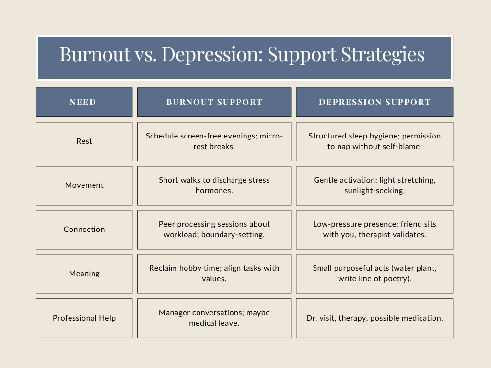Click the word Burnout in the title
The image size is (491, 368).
[x=95, y=54]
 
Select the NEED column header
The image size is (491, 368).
[x=84, y=102]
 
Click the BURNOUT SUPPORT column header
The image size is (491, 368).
[x=214, y=102]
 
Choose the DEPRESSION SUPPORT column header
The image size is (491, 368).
[x=374, y=102]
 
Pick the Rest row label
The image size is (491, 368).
[x=84, y=141]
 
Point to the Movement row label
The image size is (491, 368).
[x=84, y=185]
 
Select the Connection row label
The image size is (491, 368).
[x=84, y=230]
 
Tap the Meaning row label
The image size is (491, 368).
[x=84, y=274]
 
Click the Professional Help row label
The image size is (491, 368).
[x=84, y=318]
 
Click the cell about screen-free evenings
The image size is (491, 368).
[x=214, y=141]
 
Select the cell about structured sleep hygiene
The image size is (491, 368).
[x=374, y=141]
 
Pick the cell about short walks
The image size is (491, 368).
[x=214, y=185]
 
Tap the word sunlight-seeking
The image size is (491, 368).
[x=374, y=191]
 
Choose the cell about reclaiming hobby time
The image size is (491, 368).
[x=214, y=274]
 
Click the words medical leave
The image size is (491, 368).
[x=214, y=323]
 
